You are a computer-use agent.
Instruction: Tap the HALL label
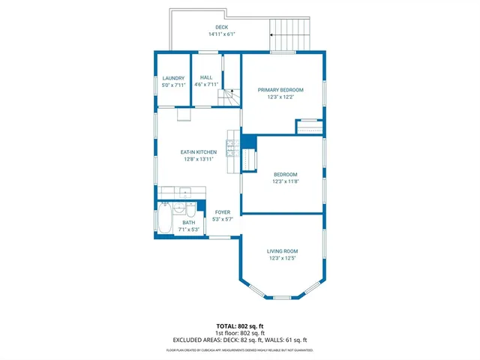coord(205,77)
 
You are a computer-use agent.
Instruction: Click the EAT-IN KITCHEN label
coord(199,152)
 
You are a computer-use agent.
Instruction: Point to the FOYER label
coord(223,212)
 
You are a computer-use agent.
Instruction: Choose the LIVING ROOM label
coord(283,251)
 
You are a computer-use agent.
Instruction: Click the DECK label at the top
coord(221,27)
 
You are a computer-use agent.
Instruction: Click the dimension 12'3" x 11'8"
coord(285,181)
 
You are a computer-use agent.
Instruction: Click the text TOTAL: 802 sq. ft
coord(240,326)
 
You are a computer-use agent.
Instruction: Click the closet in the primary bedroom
coord(308,126)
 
